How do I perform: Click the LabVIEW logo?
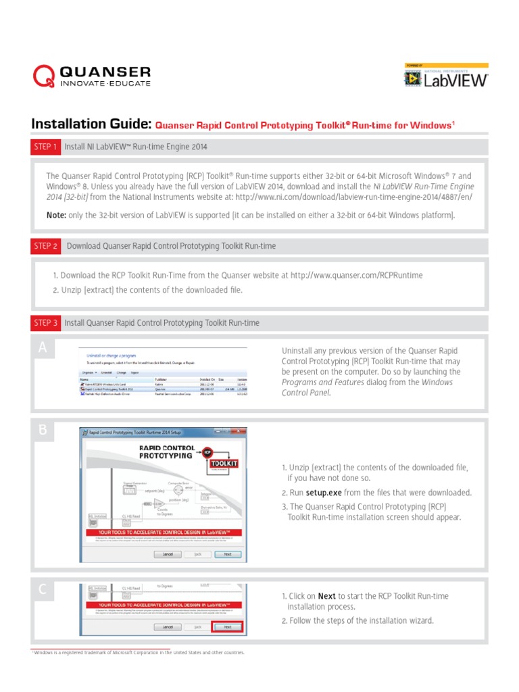coord(446,78)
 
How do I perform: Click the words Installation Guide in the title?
coord(91,124)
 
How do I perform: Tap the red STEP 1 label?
coord(45,147)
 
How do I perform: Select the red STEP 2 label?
coord(45,246)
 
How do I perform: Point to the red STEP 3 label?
coord(45,323)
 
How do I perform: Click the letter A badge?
coord(43,347)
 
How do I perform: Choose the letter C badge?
coord(43,589)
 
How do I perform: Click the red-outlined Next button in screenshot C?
coord(227,626)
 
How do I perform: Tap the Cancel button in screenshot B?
coord(167,553)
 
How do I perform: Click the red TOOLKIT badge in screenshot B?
coord(224,464)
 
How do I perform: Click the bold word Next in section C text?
coord(326,596)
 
